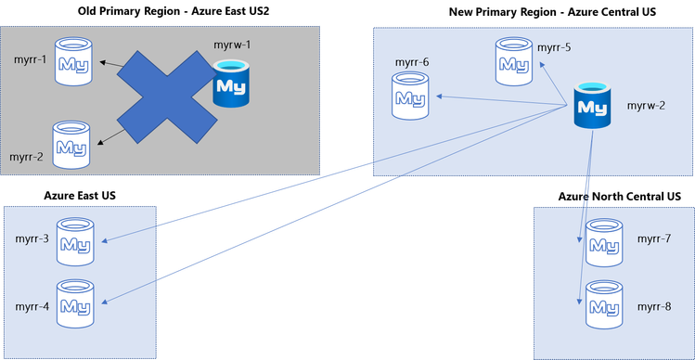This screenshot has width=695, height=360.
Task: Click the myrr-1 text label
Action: (x=29, y=61)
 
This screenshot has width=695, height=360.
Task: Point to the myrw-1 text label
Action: (x=233, y=45)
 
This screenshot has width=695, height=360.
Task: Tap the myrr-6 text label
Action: (x=412, y=62)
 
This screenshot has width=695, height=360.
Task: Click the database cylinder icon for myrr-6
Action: (x=410, y=95)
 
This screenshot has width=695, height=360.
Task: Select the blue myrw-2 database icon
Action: (x=591, y=105)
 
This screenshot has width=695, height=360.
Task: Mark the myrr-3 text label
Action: (x=32, y=238)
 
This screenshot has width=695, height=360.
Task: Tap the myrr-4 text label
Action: (x=32, y=304)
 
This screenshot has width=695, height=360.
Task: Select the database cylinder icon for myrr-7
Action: (x=604, y=240)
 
